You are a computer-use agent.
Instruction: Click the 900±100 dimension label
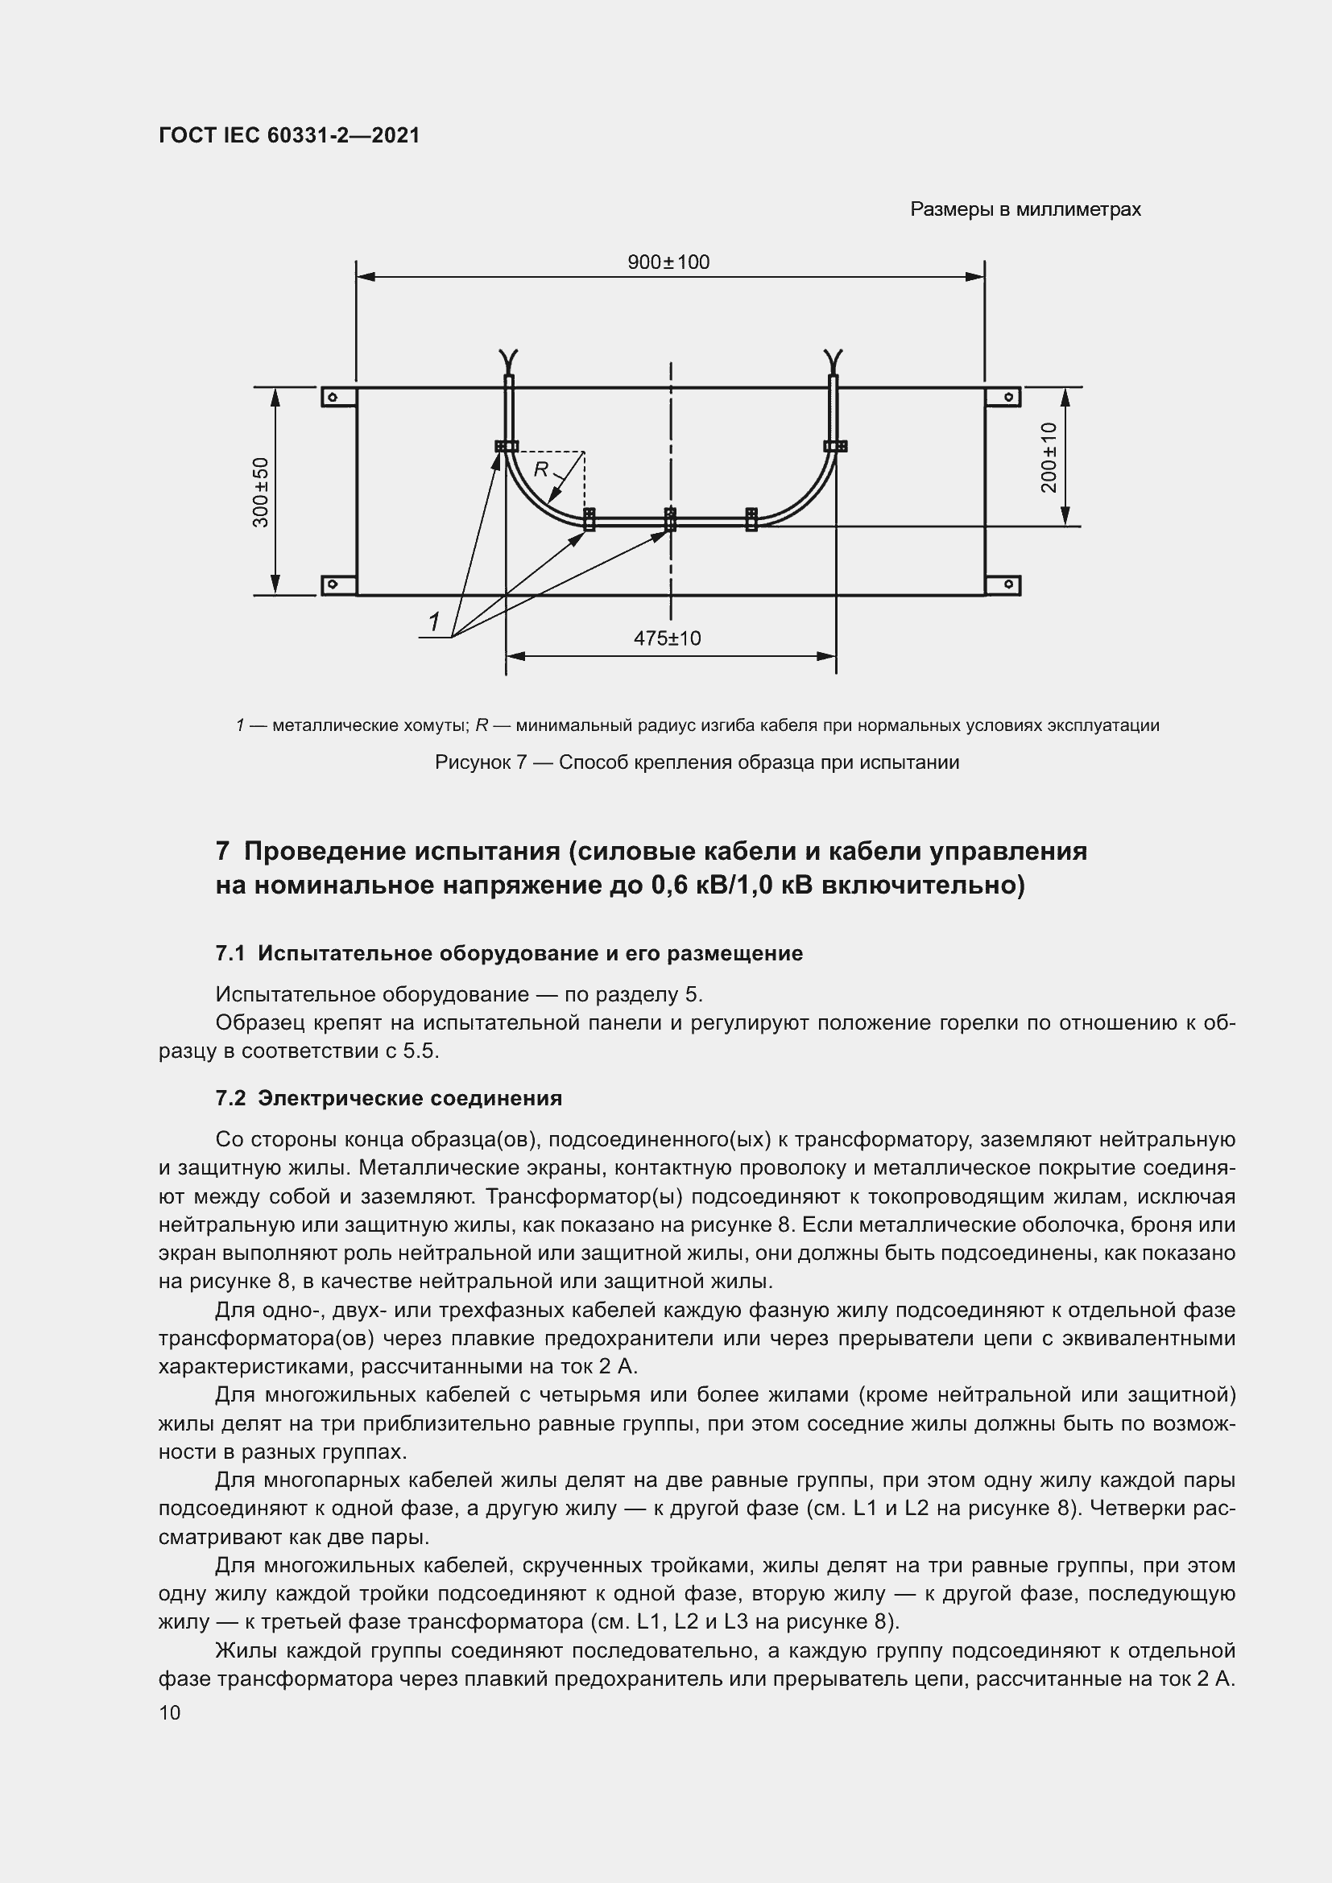click(x=668, y=262)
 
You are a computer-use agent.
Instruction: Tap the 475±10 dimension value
click(x=667, y=638)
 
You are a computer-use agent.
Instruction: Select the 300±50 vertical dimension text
click(x=261, y=492)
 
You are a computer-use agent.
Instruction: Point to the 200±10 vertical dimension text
click(x=1049, y=457)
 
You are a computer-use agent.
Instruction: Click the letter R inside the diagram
click(x=541, y=469)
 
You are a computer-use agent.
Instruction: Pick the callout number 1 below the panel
click(x=434, y=622)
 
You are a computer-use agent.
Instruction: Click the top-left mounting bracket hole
click(x=332, y=398)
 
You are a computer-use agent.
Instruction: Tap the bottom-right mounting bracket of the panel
click(x=1007, y=584)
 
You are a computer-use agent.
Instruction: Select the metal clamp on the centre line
click(x=670, y=518)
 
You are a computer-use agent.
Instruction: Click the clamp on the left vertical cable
click(x=506, y=446)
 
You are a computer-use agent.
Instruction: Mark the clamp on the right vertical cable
click(x=835, y=446)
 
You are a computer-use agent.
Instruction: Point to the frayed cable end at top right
click(x=834, y=359)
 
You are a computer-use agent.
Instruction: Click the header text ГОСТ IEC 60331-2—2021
click(x=289, y=135)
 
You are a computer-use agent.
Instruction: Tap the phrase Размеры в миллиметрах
click(x=1024, y=210)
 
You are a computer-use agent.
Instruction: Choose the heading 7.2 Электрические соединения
click(x=389, y=1098)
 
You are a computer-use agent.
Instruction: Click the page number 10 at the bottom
click(x=170, y=1712)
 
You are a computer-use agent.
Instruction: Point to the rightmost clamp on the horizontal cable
click(x=751, y=518)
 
